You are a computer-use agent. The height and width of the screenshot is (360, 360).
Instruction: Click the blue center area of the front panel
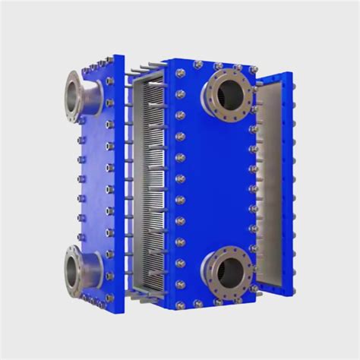(x=216, y=182)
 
